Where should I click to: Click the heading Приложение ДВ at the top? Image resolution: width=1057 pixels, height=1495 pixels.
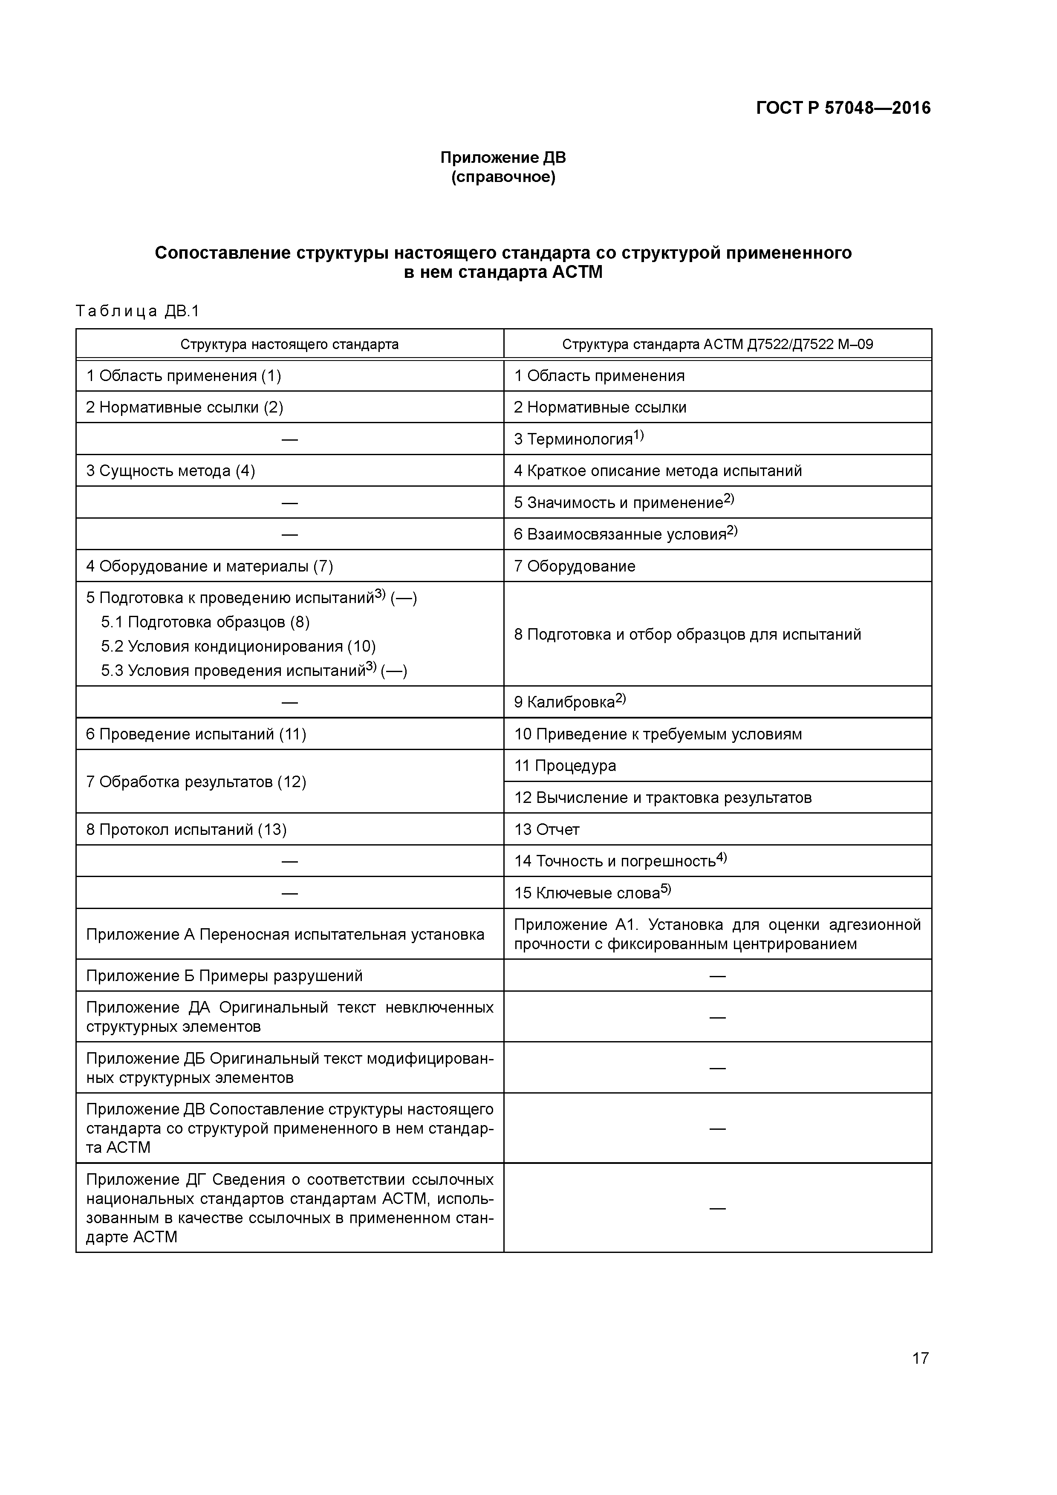tap(503, 158)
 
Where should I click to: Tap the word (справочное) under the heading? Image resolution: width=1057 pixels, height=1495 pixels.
tap(503, 177)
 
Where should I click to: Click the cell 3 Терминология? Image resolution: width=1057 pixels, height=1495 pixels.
tap(578, 439)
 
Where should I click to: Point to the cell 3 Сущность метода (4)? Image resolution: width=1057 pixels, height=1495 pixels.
tap(170, 471)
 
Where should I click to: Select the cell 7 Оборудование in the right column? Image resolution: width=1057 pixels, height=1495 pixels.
tap(575, 566)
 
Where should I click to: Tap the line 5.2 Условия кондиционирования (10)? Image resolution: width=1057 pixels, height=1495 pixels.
tap(238, 646)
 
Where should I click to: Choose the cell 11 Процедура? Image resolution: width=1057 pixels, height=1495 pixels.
tap(565, 766)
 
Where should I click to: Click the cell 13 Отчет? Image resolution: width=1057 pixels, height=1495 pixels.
tap(546, 830)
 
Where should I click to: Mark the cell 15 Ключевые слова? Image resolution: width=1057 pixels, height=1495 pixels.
tap(591, 893)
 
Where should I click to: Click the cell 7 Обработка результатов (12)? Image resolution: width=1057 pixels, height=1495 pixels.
tap(196, 781)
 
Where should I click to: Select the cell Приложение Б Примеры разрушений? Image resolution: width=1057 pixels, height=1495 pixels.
tap(224, 976)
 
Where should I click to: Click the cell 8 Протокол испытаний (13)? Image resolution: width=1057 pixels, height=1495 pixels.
tap(186, 830)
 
